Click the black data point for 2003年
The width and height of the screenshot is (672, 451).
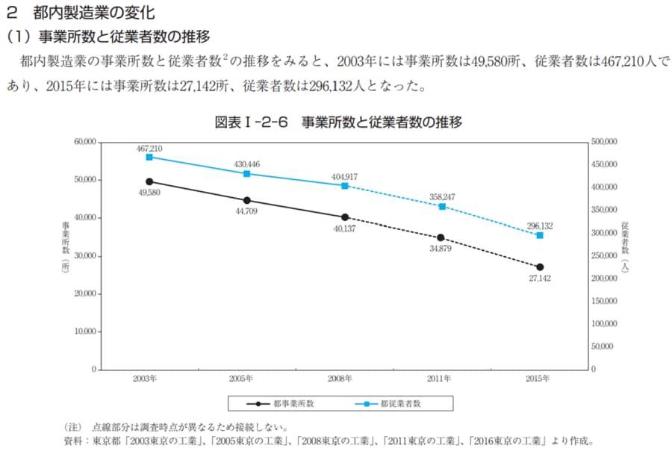point(149,181)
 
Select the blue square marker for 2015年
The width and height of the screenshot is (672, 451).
point(540,235)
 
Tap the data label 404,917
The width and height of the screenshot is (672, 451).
point(344,176)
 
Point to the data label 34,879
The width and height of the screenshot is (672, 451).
point(441,249)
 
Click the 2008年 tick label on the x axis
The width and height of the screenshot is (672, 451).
point(345,379)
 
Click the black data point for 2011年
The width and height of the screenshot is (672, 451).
point(441,237)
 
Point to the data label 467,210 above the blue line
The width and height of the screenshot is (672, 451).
point(149,149)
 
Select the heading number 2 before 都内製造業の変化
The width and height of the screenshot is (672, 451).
point(10,13)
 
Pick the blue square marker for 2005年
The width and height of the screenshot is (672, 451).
point(247,174)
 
